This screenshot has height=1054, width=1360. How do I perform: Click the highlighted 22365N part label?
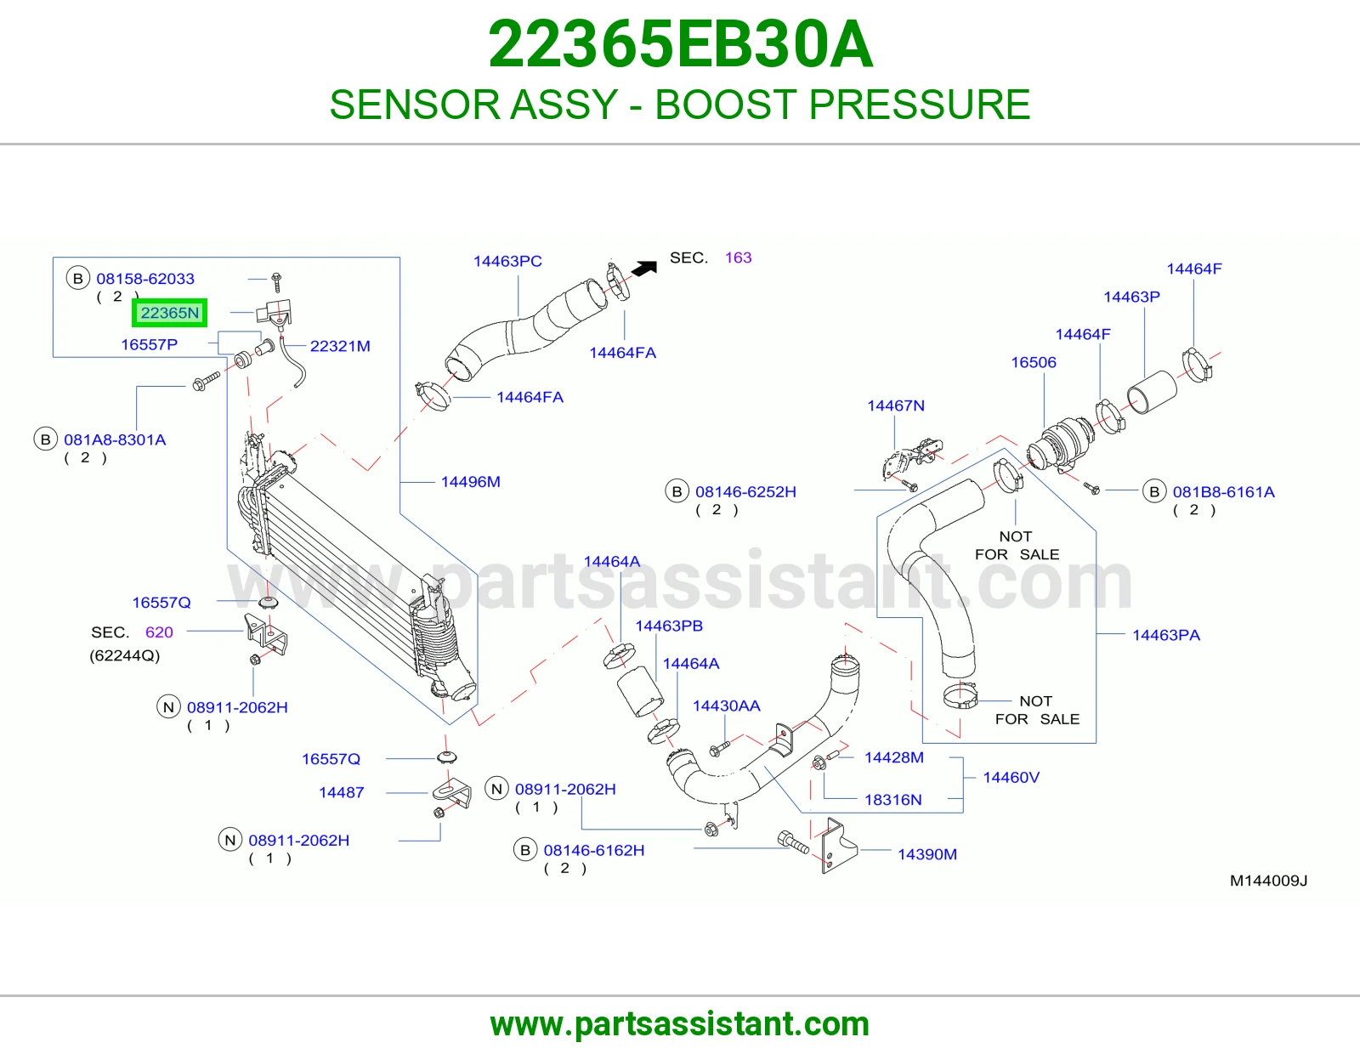(x=169, y=312)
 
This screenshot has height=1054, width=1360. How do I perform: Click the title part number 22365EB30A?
(x=680, y=44)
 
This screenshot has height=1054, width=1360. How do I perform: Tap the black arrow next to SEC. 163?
(x=644, y=268)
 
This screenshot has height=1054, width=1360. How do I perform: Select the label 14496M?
(x=471, y=481)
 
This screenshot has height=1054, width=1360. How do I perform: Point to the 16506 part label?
(x=1034, y=362)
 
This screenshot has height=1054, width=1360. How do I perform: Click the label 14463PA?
(x=1166, y=635)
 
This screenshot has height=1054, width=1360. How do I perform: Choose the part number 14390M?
(x=926, y=853)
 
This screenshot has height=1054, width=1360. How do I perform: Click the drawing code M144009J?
(x=1268, y=880)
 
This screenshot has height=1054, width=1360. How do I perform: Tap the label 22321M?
(x=340, y=345)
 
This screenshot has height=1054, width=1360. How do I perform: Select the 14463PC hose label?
(x=507, y=261)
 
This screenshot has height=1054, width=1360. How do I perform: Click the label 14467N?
(x=896, y=405)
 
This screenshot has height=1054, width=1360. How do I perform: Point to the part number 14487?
(x=341, y=792)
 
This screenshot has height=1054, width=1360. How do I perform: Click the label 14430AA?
(x=726, y=705)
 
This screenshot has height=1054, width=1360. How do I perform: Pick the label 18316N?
(x=893, y=799)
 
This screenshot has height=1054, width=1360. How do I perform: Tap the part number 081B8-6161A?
(x=1223, y=492)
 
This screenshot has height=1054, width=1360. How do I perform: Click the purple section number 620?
(x=159, y=632)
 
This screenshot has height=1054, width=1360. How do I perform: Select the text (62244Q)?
(x=125, y=655)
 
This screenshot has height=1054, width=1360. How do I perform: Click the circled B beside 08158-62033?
(x=78, y=279)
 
